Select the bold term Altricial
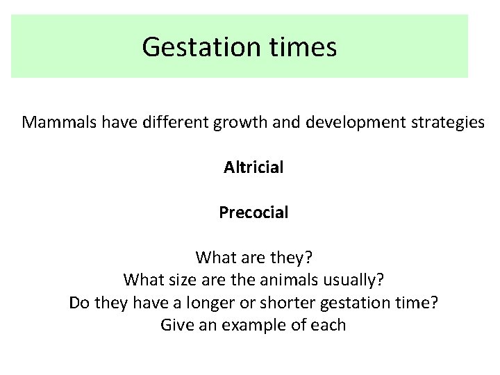click(x=253, y=167)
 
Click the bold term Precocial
click(x=253, y=212)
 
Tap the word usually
click(x=354, y=280)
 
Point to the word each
click(x=328, y=325)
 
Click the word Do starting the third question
click(x=79, y=303)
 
